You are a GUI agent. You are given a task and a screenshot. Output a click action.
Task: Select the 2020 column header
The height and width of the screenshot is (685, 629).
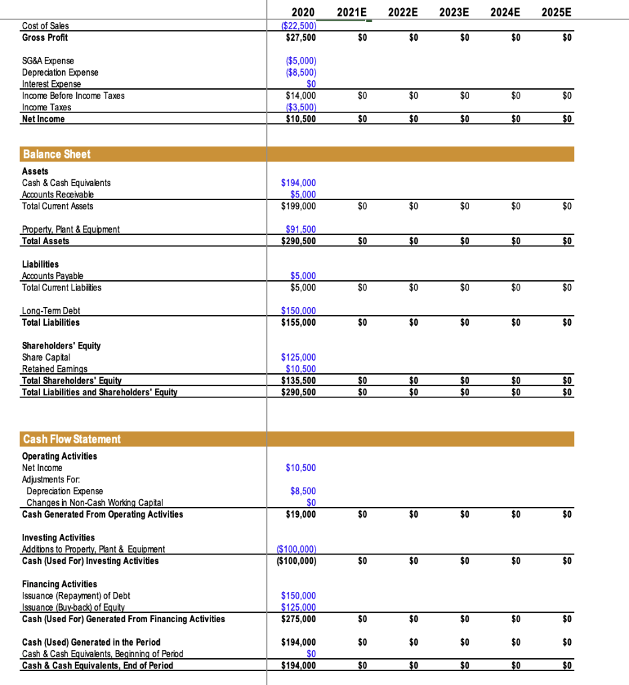pyautogui.click(x=303, y=13)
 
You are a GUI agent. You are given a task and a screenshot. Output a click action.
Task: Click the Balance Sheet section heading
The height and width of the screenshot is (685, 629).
pyautogui.click(x=57, y=154)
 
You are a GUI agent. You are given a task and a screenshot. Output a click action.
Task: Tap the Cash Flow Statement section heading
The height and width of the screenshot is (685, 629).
pyautogui.click(x=72, y=439)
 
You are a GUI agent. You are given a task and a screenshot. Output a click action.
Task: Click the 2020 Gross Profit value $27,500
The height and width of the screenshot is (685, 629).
pyautogui.click(x=301, y=37)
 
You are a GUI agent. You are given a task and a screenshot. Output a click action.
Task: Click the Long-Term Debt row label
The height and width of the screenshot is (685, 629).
pyautogui.click(x=51, y=311)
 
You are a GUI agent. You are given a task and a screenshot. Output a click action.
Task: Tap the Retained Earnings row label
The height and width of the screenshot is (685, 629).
pyautogui.click(x=55, y=369)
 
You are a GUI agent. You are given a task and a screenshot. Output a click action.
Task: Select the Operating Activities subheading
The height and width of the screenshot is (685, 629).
pyautogui.click(x=59, y=456)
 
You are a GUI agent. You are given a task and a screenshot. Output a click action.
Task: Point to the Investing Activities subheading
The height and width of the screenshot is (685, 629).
pyautogui.click(x=58, y=538)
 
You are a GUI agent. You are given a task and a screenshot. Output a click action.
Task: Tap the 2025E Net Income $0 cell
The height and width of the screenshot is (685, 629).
pyautogui.click(x=567, y=119)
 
